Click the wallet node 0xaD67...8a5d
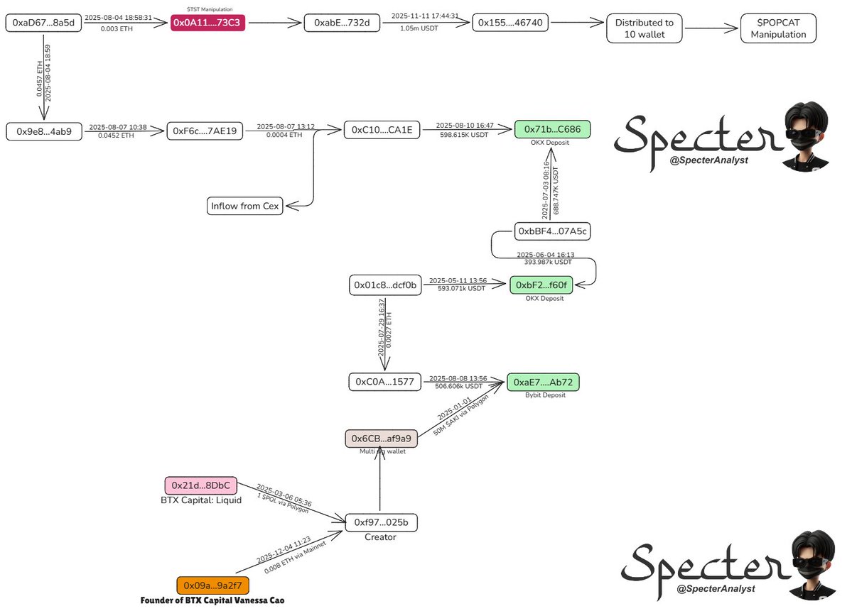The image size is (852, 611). point(43,23)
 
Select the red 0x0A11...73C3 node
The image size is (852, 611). point(207,23)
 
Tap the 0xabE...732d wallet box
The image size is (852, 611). point(337,23)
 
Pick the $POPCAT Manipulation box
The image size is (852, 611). point(777,28)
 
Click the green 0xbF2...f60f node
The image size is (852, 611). point(540,285)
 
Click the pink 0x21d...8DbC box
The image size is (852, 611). point(200,485)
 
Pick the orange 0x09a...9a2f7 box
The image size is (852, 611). point(212,585)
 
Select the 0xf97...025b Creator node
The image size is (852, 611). point(381,522)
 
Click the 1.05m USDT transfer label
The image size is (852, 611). point(419,28)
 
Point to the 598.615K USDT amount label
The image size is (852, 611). point(465,134)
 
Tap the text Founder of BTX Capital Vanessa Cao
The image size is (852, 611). point(212,600)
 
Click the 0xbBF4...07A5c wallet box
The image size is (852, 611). point(552,231)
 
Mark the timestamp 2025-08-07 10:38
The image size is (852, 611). point(118,126)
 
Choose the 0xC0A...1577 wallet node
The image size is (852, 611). point(385,382)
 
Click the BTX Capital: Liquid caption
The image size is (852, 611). point(201,500)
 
